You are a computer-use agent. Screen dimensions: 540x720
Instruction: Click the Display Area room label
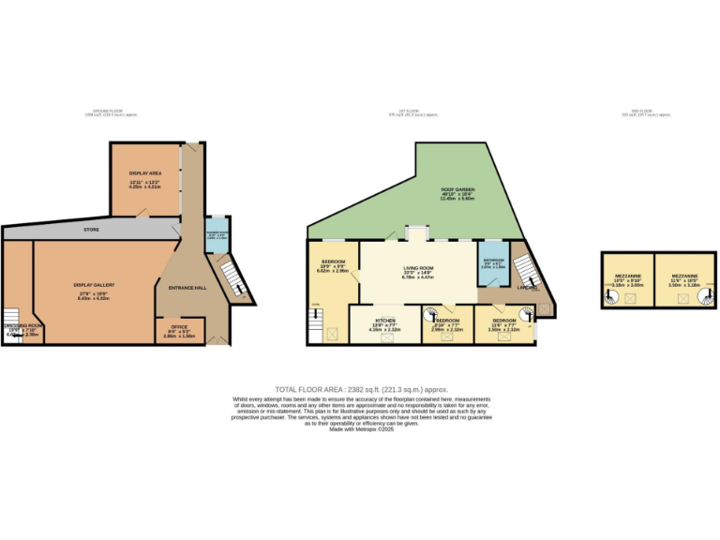(144, 173)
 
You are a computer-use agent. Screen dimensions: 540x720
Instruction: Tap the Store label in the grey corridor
(91, 229)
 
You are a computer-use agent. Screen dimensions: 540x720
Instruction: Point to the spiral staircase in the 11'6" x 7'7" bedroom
(526, 315)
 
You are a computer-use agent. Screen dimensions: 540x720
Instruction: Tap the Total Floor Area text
(361, 389)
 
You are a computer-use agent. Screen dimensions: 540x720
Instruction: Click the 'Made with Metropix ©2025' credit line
(361, 428)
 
